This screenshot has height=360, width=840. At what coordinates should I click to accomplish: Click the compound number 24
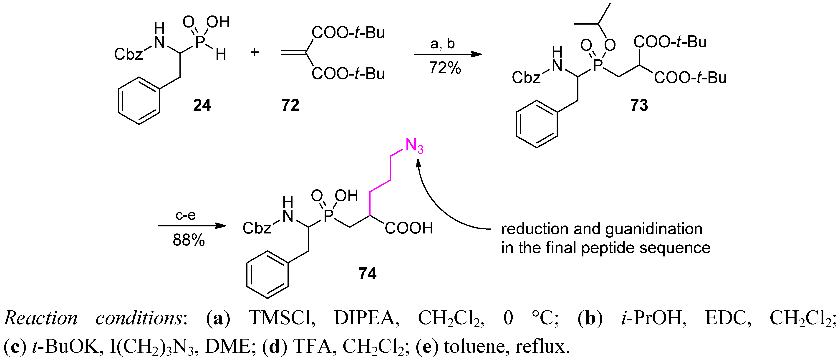click(202, 105)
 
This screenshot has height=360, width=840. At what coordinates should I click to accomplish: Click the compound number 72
click(290, 105)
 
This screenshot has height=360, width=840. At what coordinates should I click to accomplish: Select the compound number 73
click(639, 105)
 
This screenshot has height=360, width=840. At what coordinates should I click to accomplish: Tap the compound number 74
click(368, 273)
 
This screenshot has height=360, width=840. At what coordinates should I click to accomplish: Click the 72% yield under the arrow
click(445, 68)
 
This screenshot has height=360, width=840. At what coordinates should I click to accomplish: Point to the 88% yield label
click(189, 240)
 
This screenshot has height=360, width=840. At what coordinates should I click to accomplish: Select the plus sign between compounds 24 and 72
click(254, 52)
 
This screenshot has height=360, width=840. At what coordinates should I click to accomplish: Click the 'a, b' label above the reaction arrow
click(442, 43)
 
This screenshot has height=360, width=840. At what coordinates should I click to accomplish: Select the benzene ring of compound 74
click(267, 275)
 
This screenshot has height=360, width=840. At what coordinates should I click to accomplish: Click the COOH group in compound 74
click(409, 228)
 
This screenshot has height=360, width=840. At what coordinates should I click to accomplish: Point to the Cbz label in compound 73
click(526, 78)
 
